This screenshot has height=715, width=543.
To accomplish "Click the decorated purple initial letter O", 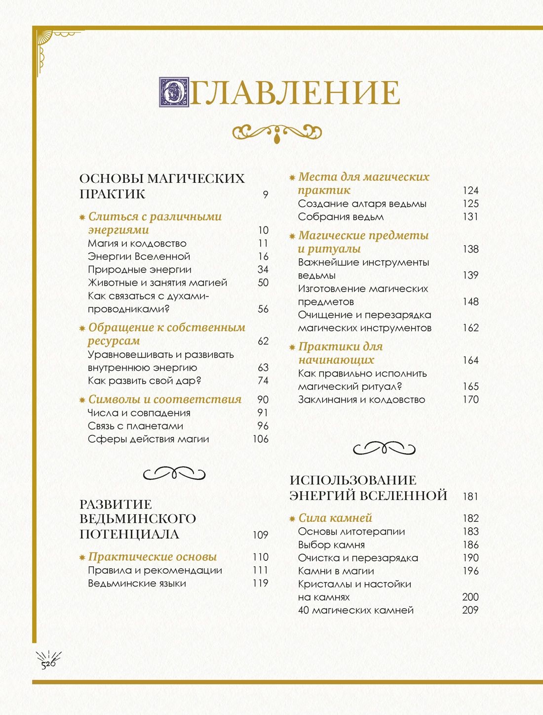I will point(174,92).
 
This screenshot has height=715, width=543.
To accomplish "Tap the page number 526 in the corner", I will point(48,664).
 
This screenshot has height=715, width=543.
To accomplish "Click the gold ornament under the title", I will point(277,132).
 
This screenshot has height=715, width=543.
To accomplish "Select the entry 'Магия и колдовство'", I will point(137,243).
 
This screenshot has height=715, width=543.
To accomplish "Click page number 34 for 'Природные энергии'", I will point(263,269).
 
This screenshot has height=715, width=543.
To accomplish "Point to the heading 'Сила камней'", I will point(335,518).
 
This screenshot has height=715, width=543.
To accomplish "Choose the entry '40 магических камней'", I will point(355,610).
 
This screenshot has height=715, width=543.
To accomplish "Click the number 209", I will point(470,610).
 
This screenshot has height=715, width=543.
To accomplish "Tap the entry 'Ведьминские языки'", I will point(137,584).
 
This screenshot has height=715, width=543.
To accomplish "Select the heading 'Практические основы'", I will point(153,557).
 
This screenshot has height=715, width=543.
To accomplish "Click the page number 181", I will point(470,496).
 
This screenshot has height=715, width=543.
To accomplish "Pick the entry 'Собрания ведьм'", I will point(341,217).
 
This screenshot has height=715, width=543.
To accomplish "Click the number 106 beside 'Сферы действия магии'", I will point(261,439).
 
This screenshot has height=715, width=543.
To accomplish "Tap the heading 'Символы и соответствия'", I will point(165,399).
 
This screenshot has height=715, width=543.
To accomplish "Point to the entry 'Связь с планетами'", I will point(135,426).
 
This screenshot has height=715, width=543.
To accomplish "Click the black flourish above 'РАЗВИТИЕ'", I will point(174,473).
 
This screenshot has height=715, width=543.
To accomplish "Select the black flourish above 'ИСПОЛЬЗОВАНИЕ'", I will point(384,448).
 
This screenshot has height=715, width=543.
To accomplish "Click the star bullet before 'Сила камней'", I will point(292,518).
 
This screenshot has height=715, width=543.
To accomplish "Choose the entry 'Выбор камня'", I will point(331,545).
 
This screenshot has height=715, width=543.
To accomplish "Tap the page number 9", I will point(266,195).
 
